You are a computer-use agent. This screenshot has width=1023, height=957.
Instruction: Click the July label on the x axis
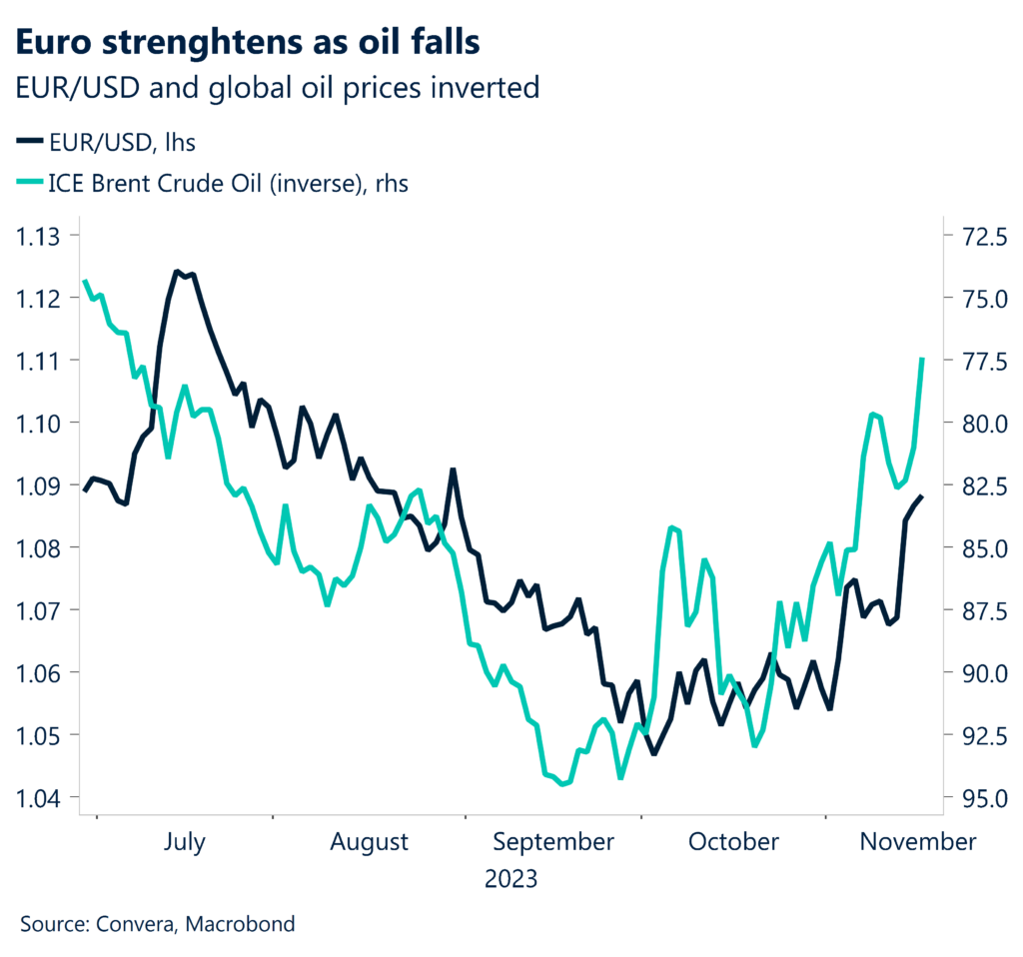(183, 842)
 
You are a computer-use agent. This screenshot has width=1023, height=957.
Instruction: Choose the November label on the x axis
(918, 842)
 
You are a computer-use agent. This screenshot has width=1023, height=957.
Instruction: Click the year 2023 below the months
(511, 880)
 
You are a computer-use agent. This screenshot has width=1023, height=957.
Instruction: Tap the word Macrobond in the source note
(246, 924)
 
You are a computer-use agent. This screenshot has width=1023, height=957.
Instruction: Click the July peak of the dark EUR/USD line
(177, 271)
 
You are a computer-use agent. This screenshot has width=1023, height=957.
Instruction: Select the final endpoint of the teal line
(921, 359)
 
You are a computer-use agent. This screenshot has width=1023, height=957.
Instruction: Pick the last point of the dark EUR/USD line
(921, 496)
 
